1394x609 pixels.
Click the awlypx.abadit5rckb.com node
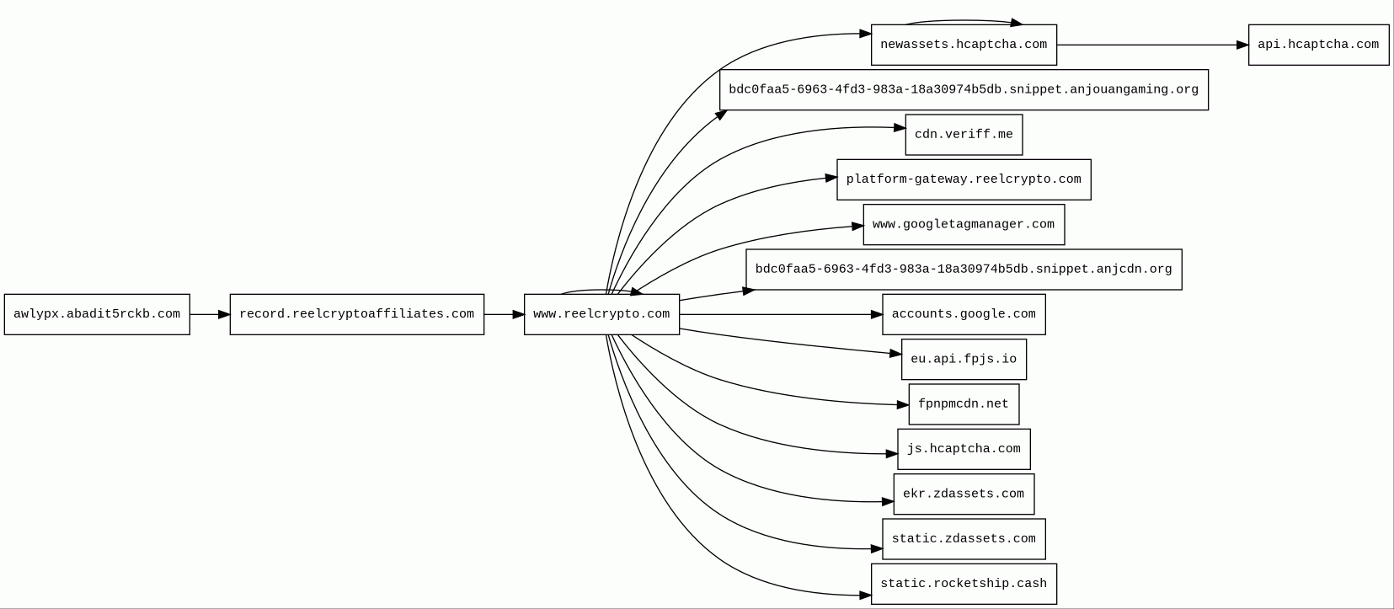tap(97, 314)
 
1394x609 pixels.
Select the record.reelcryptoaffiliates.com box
tap(356, 314)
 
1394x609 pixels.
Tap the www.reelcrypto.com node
tap(601, 314)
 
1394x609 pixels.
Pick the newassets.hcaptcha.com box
tap(964, 45)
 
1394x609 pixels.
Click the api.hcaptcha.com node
tap(1318, 45)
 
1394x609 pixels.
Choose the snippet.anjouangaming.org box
tap(964, 90)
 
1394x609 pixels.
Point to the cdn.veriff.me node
tap(964, 135)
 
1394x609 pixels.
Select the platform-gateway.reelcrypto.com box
tap(964, 179)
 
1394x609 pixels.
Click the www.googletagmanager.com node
tap(964, 225)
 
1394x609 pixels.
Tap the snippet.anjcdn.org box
tap(964, 270)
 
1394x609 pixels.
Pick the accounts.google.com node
tap(964, 314)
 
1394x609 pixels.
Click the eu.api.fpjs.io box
tap(964, 360)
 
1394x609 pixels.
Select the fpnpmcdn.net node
tap(964, 404)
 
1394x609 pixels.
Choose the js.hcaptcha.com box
tap(964, 449)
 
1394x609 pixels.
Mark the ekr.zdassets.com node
tap(964, 494)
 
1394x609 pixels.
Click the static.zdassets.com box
tap(964, 539)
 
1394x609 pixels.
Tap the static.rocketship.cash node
tap(964, 584)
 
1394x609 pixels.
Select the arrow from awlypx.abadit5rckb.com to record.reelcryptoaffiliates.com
tap(210, 314)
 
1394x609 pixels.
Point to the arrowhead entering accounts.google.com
tap(876, 314)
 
